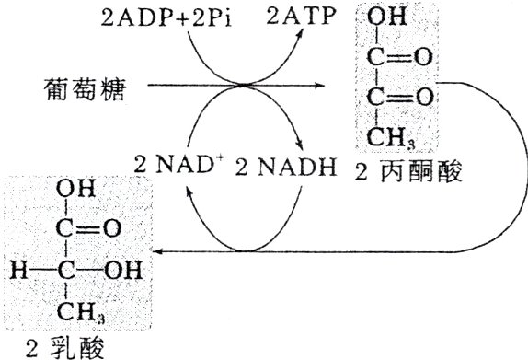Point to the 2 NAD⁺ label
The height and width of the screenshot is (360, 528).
[x=176, y=167]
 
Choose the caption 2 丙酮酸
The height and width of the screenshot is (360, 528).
[x=401, y=170]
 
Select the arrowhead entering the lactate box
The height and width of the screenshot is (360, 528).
[x=158, y=250]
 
